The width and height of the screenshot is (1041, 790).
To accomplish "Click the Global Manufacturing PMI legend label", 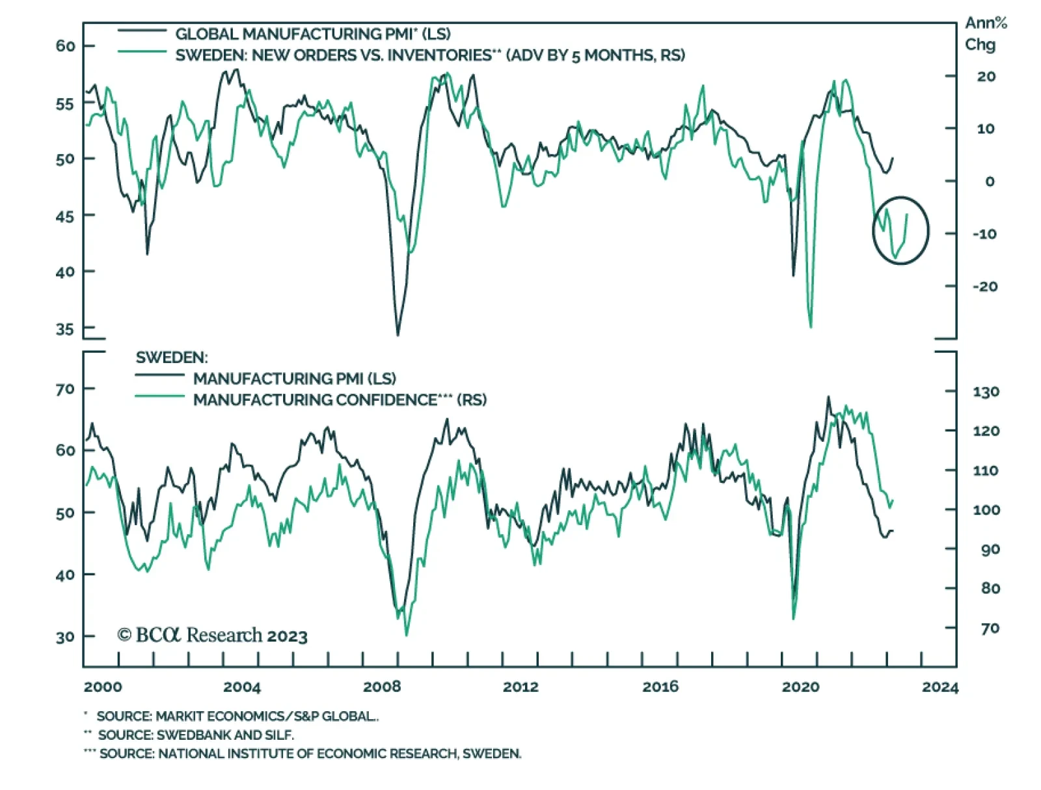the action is click(312, 34).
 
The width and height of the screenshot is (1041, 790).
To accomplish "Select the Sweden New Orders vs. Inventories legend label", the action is click(430, 55).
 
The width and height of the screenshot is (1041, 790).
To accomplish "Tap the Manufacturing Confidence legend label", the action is click(340, 400).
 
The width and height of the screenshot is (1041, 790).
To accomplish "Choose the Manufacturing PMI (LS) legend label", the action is click(294, 378).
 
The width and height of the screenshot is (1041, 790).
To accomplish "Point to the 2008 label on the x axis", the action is click(382, 687).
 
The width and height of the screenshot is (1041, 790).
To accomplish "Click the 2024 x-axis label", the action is click(940, 687).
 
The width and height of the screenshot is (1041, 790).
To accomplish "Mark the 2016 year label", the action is click(660, 687).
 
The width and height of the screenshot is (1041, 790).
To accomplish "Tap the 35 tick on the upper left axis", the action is click(65, 329).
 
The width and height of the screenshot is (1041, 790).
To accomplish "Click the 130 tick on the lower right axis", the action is click(986, 392).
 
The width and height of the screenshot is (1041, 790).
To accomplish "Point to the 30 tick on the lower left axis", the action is click(65, 637).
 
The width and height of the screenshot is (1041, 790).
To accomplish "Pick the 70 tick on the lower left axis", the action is click(65, 389).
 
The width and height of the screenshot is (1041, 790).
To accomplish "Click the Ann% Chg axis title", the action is click(986, 34).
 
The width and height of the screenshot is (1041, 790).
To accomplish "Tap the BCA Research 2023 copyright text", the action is click(213, 635).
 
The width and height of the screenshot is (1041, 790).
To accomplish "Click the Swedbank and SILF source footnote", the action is click(189, 735).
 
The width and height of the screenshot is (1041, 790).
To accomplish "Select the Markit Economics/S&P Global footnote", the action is click(232, 716).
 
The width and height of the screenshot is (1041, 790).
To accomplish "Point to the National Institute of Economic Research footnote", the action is click(303, 754).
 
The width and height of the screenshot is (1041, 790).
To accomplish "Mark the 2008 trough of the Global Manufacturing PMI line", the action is click(398, 334).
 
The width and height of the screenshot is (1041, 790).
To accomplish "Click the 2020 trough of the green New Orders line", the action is click(811, 326).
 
